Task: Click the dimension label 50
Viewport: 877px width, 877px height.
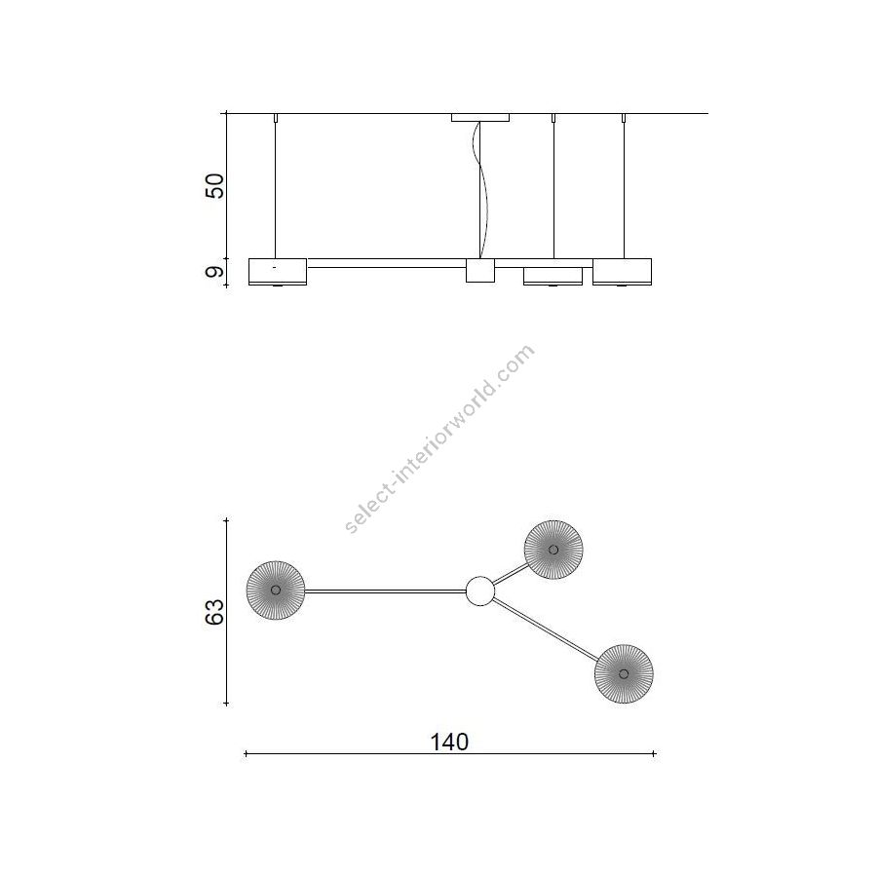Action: pyautogui.click(x=214, y=186)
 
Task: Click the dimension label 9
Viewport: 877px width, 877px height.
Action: pyautogui.click(x=214, y=273)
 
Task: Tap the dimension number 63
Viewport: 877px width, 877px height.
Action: pyautogui.click(x=214, y=612)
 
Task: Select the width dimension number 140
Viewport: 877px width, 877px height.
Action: pyautogui.click(x=449, y=743)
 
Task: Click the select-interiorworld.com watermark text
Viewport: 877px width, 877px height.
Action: pyautogui.click(x=439, y=439)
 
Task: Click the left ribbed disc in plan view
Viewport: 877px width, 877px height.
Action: pyautogui.click(x=276, y=591)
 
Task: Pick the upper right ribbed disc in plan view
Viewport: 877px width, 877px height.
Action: pyautogui.click(x=553, y=550)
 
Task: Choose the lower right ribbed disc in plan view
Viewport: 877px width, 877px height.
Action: pyautogui.click(x=624, y=673)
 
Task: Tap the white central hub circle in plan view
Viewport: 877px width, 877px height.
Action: pyautogui.click(x=480, y=591)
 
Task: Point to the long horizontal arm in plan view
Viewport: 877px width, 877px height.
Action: pyautogui.click(x=385, y=591)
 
